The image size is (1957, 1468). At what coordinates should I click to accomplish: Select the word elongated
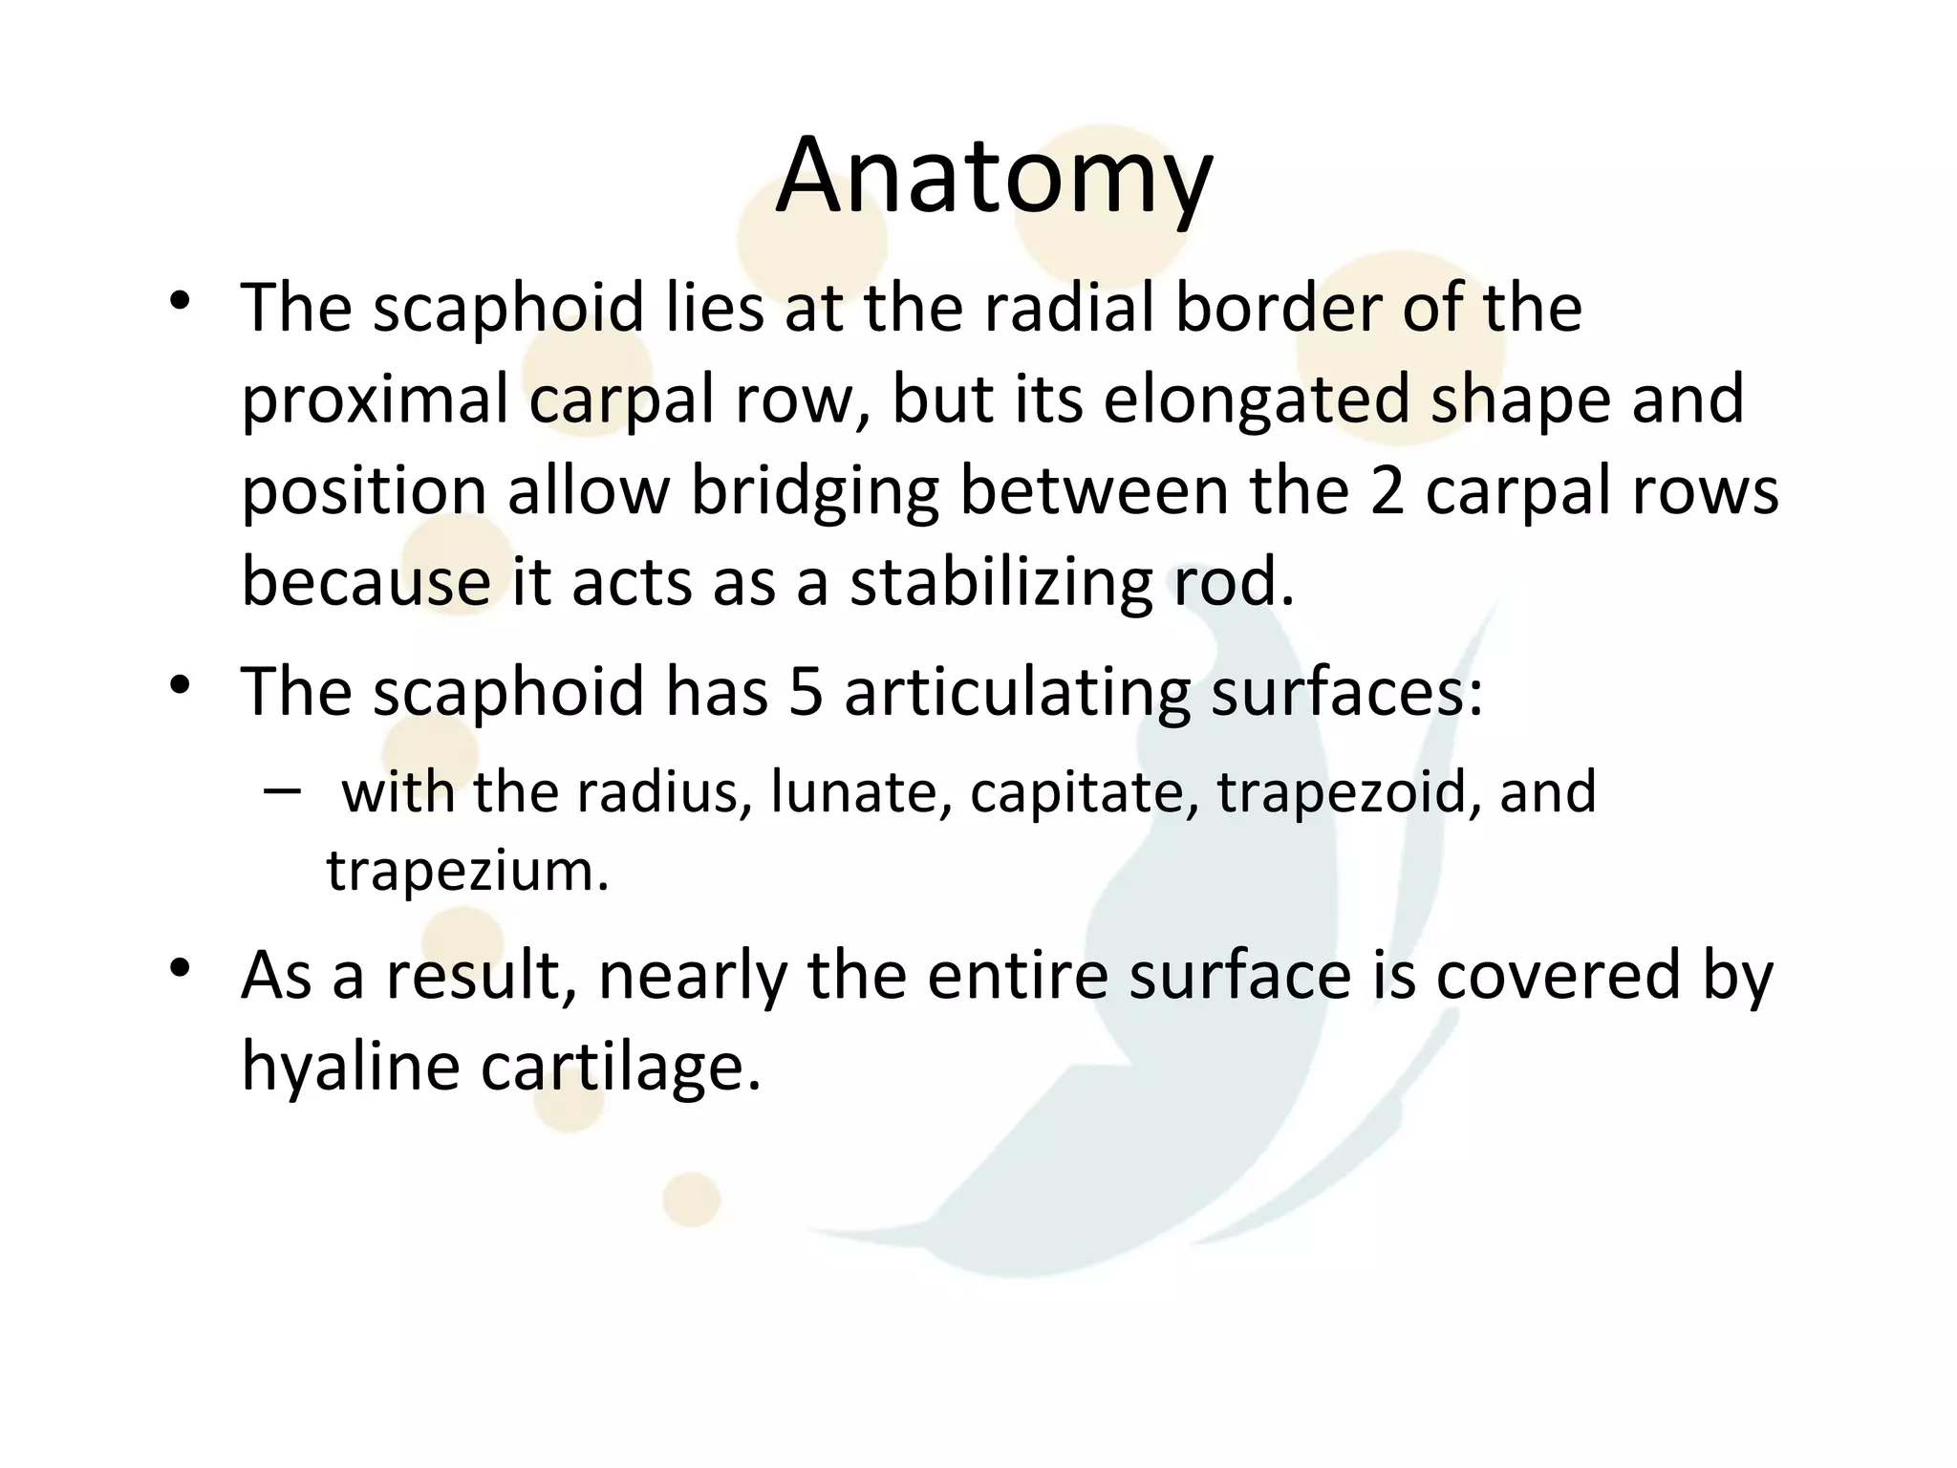[1257, 399]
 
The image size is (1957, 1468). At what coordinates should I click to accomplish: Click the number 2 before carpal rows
[1387, 491]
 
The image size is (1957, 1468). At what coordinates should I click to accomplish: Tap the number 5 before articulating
[806, 692]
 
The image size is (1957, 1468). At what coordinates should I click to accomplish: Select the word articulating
[1017, 692]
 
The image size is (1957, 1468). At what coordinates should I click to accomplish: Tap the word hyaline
[350, 1067]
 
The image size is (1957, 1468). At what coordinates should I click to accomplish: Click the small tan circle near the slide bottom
[691, 1199]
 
